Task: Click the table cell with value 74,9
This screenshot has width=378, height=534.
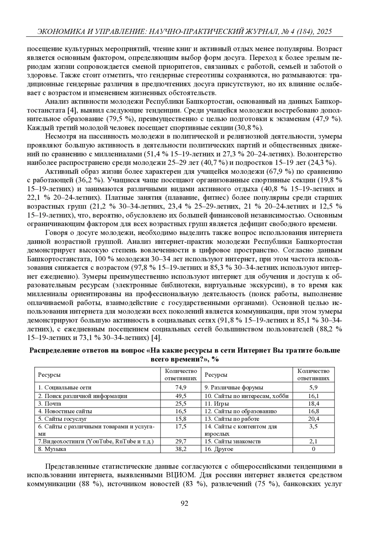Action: click(181, 387)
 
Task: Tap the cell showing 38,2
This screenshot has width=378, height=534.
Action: click(181, 449)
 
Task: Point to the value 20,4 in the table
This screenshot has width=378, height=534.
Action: click(313, 419)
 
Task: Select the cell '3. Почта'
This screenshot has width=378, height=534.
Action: click(50, 403)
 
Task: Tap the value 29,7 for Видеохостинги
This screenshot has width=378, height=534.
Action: click(181, 441)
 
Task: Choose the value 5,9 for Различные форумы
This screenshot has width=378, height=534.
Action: click(313, 387)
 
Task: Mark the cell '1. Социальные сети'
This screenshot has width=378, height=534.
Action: click(65, 387)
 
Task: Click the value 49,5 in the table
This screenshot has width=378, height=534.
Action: click(181, 396)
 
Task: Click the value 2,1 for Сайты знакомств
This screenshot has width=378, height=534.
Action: click(313, 441)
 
